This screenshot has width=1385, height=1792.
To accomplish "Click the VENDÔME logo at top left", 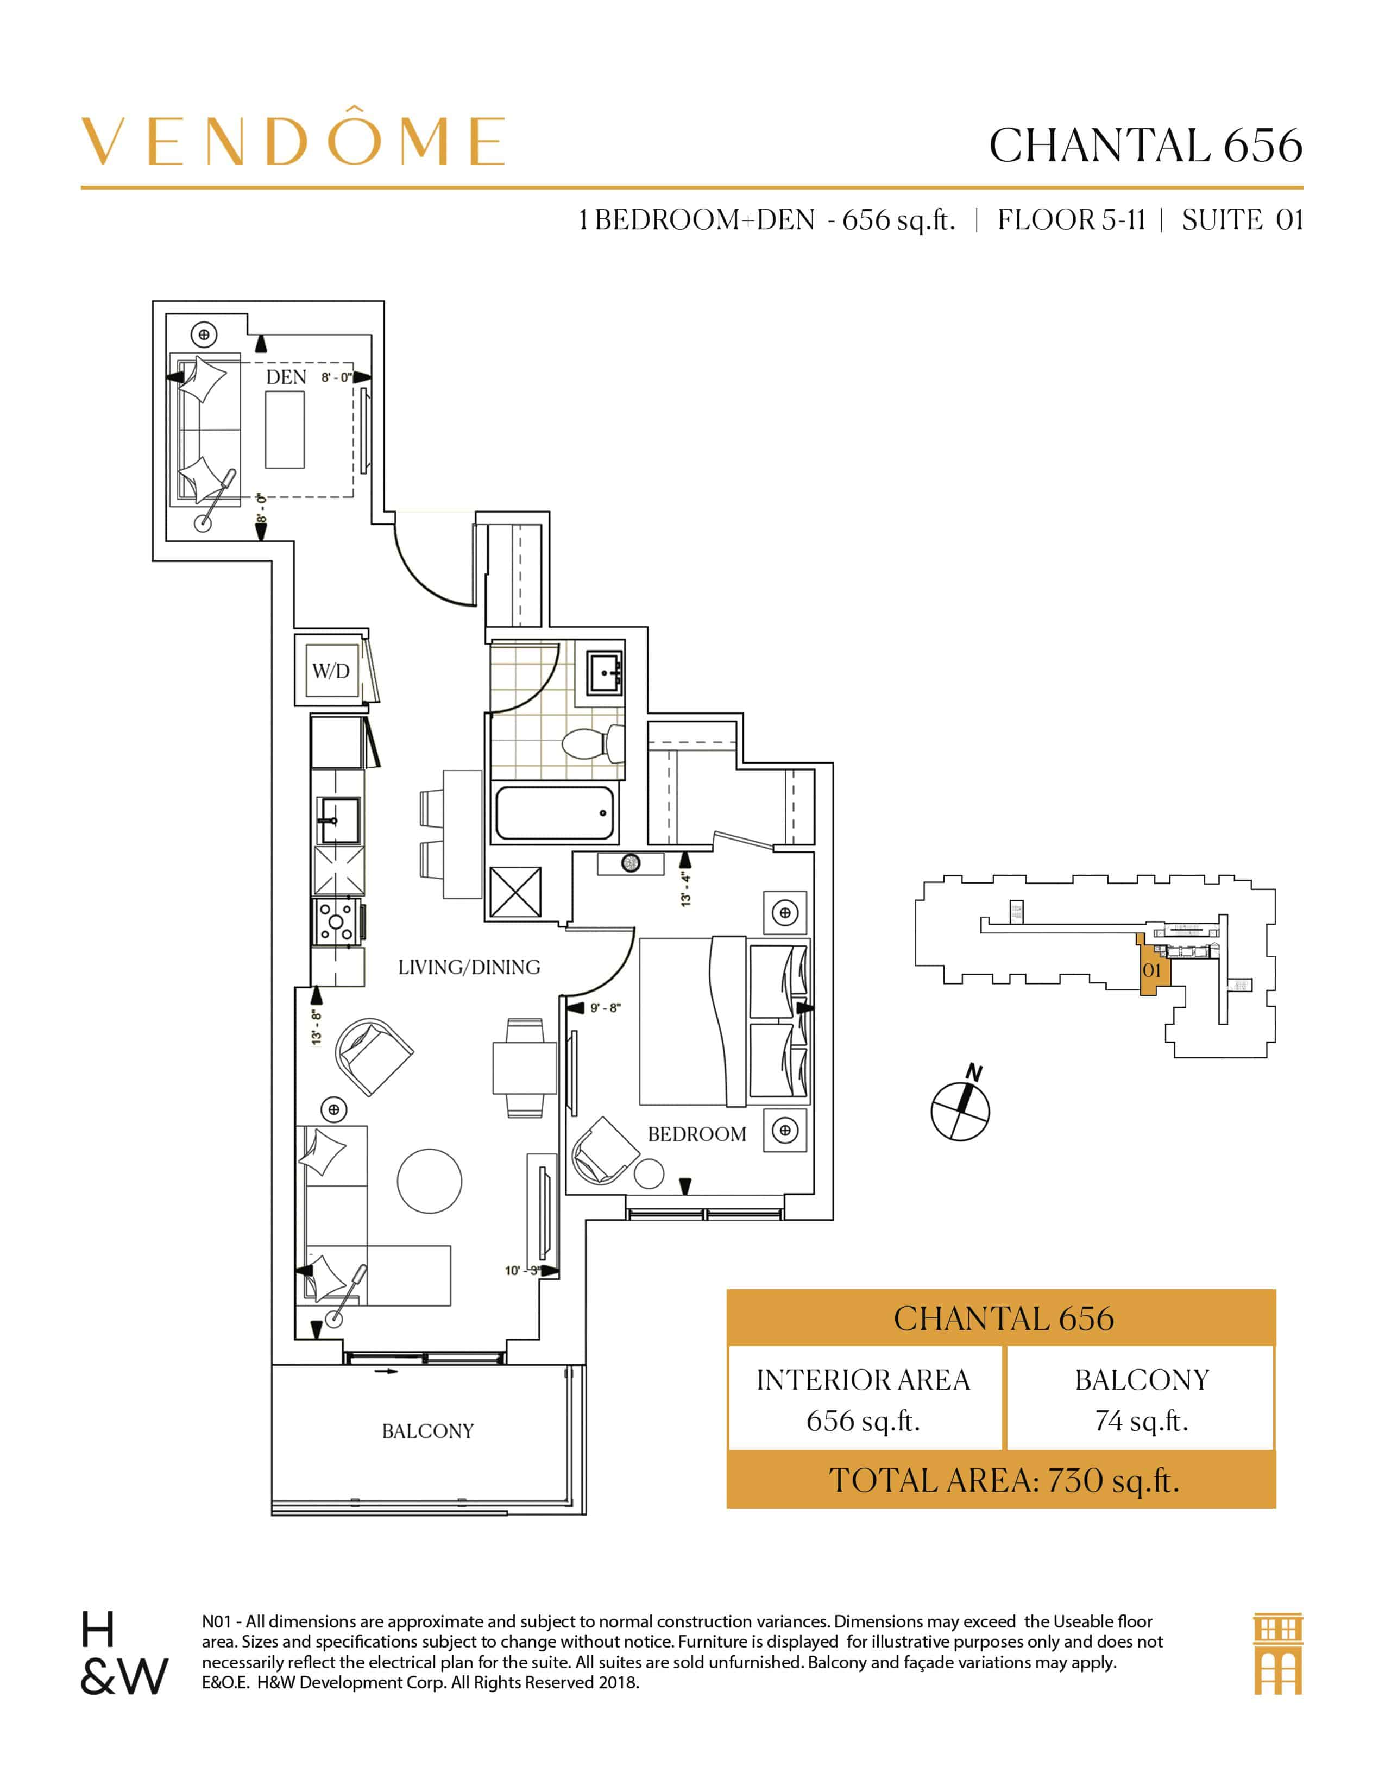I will point(292,141).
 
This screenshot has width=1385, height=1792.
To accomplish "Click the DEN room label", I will point(286,377).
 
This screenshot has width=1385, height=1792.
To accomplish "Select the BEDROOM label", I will point(697,1134).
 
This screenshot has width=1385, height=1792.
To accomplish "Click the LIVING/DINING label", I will point(469,967).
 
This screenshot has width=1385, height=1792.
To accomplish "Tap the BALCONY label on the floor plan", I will point(427,1431).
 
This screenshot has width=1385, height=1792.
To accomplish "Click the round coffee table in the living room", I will point(429,1181).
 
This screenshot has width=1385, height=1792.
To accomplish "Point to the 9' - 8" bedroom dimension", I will point(606,1007).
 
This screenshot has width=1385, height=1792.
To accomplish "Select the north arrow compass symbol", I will point(960,1109).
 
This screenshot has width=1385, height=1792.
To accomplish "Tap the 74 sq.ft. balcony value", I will point(1141,1421).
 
